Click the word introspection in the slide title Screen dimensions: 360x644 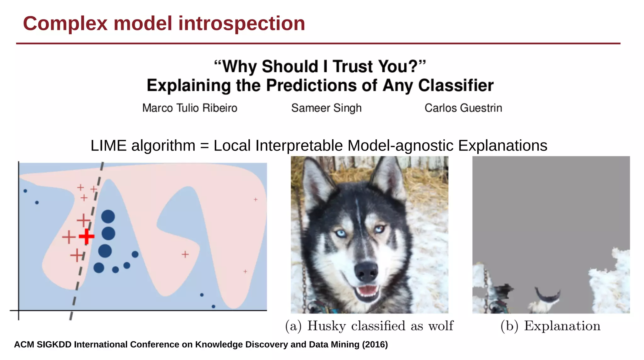pos(241,24)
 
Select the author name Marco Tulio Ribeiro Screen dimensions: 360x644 pos(190,108)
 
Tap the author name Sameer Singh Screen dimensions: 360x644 pos(326,108)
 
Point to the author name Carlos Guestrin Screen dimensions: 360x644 pos(463,108)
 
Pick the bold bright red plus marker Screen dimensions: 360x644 pos(86,237)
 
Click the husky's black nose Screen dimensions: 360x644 pos(366,271)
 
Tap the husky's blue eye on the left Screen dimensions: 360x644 pos(341,233)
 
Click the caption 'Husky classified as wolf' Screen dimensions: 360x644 pos(380,326)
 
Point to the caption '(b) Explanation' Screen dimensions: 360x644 pos(550,326)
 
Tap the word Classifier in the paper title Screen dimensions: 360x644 pos(456,86)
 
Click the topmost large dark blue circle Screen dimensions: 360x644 pos(108,217)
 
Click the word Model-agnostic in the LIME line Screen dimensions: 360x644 pos(400,146)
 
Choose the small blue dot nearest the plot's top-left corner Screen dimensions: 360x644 pos(25,191)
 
